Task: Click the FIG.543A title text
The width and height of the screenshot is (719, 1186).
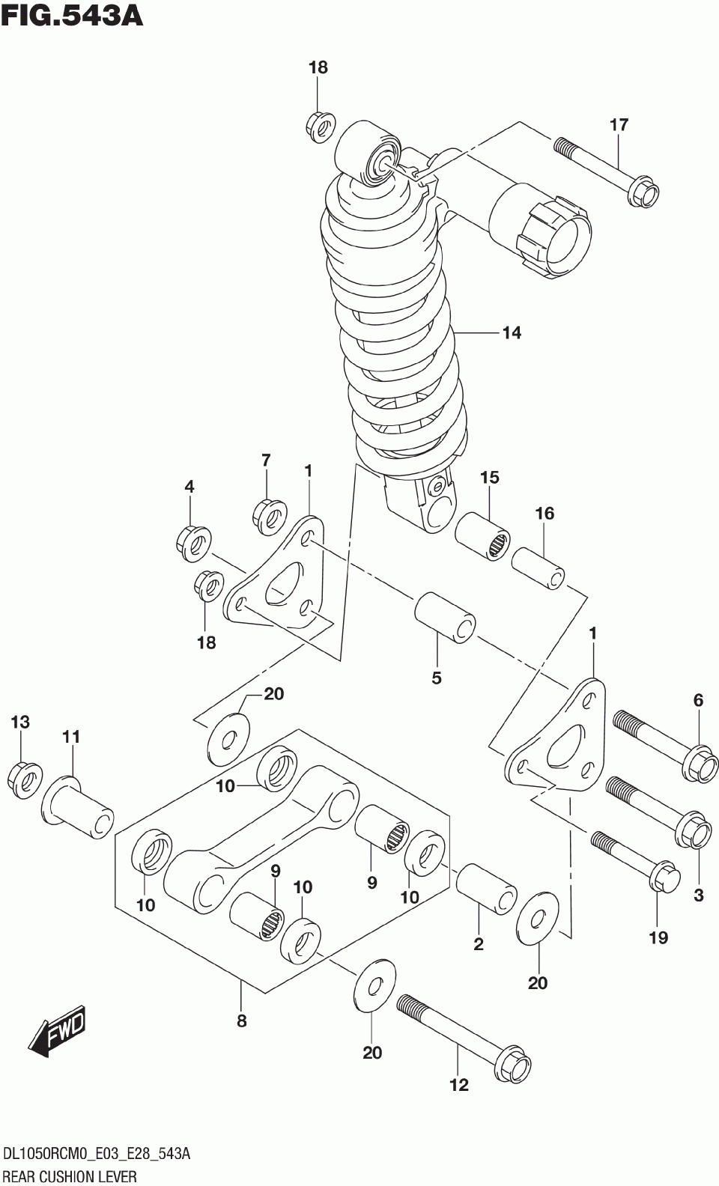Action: [72, 15]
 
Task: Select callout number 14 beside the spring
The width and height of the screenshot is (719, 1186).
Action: [512, 333]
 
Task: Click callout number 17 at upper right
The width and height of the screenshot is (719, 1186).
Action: [619, 125]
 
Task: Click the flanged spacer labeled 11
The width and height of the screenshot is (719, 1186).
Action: [77, 803]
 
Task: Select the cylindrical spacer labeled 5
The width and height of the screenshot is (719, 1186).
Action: [444, 617]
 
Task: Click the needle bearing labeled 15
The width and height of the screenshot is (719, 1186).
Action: [482, 535]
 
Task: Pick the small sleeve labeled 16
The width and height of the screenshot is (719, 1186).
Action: [538, 568]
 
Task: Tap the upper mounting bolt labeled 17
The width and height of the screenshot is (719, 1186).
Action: [607, 171]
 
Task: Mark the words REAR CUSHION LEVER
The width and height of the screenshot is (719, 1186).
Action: [70, 1176]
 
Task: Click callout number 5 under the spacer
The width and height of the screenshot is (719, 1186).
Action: [437, 678]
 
